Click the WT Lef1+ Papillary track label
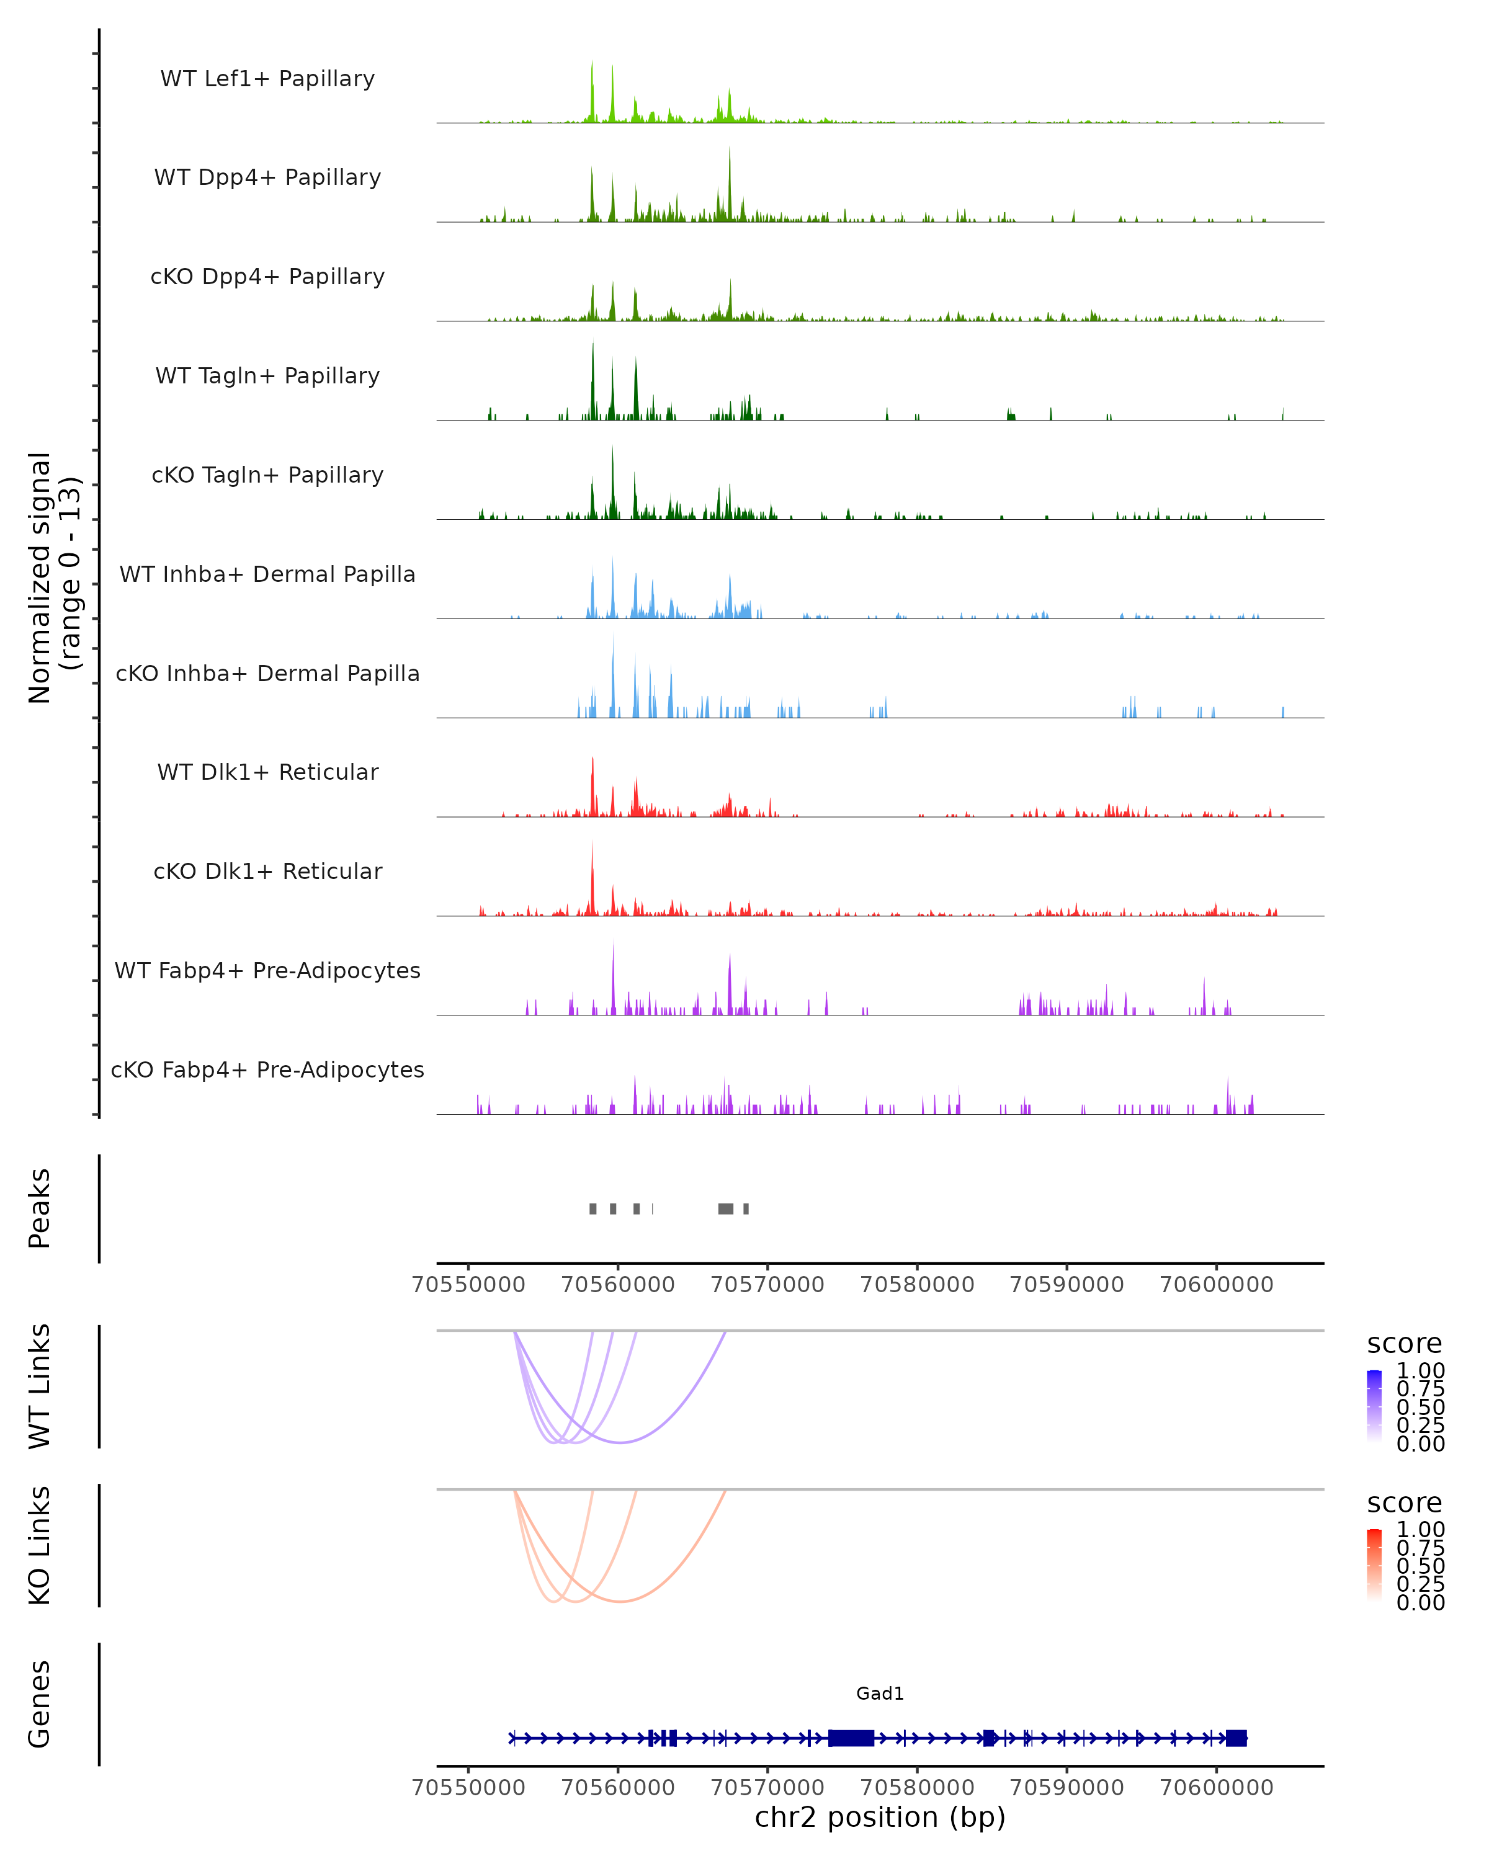point(267,79)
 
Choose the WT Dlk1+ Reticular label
point(267,772)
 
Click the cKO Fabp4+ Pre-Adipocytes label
point(267,1069)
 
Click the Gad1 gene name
point(880,1693)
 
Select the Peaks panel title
point(40,1208)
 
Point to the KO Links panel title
point(40,1545)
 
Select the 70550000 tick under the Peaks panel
point(468,1285)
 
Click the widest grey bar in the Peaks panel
point(726,1208)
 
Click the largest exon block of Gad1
point(851,1738)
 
